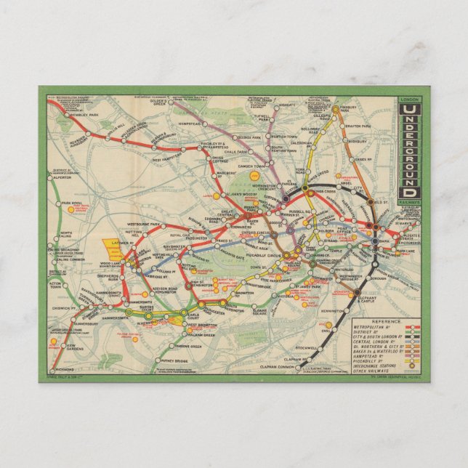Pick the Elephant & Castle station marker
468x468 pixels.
point(357,292)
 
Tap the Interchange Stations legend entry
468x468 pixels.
point(374,363)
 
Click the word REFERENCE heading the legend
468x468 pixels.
point(386,320)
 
